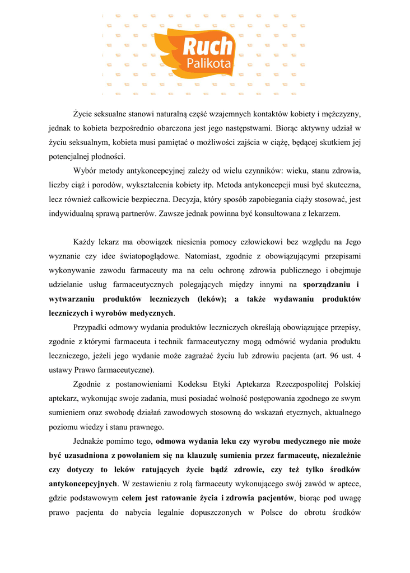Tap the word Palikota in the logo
[208, 64]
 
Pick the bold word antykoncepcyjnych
[83, 483]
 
